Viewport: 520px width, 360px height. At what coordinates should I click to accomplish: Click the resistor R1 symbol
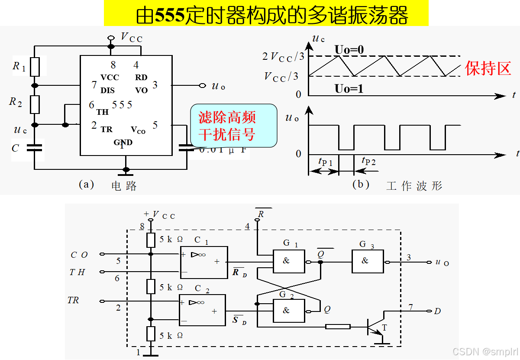(x=34, y=66)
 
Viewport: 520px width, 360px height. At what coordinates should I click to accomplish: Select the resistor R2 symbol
(x=34, y=104)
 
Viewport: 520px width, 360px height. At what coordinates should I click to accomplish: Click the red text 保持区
(x=488, y=68)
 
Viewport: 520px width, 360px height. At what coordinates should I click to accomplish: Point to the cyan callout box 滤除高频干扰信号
(x=233, y=125)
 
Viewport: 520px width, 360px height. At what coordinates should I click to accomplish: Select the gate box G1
(x=286, y=261)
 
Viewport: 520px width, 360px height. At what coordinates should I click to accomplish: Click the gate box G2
(x=286, y=310)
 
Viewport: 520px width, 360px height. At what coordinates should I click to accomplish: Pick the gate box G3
(x=367, y=261)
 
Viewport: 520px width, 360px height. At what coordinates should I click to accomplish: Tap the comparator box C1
(x=203, y=262)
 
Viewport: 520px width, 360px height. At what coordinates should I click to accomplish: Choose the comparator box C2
(x=202, y=310)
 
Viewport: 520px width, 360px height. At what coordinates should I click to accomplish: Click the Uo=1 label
(x=349, y=89)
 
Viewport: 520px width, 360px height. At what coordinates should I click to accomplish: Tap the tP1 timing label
(x=325, y=162)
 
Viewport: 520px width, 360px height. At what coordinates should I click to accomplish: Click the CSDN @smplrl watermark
(x=485, y=351)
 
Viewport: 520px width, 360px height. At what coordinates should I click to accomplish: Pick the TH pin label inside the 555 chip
(x=103, y=112)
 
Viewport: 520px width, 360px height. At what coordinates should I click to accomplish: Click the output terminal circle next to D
(x=430, y=311)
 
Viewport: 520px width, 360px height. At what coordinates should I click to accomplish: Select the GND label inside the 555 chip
(x=123, y=143)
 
